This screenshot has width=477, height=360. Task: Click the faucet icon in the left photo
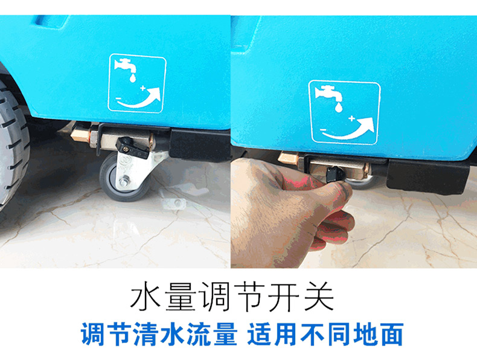pyautogui.click(x=125, y=66)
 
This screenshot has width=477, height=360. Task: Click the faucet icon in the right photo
pyautogui.click(x=328, y=94)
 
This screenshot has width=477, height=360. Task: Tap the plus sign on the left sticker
pyautogui.click(x=143, y=89)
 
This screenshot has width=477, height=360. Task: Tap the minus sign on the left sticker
pyautogui.click(x=118, y=98)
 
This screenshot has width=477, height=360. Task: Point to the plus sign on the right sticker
pyautogui.click(x=352, y=118)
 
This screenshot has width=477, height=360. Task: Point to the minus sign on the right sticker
pyautogui.click(x=323, y=130)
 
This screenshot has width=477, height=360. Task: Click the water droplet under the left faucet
pyautogui.click(x=133, y=78)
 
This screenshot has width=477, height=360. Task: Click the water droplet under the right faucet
pyautogui.click(x=338, y=107)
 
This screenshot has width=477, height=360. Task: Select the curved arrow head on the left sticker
pyautogui.click(x=155, y=93)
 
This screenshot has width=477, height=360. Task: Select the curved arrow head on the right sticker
pyautogui.click(x=367, y=125)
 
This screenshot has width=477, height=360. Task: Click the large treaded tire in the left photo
pyautogui.click(x=12, y=143)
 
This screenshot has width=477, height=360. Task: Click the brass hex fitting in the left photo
pyautogui.click(x=80, y=135)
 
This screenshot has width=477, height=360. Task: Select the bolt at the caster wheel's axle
pyautogui.click(x=124, y=182)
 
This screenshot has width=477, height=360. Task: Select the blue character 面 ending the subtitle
pyautogui.click(x=391, y=334)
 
